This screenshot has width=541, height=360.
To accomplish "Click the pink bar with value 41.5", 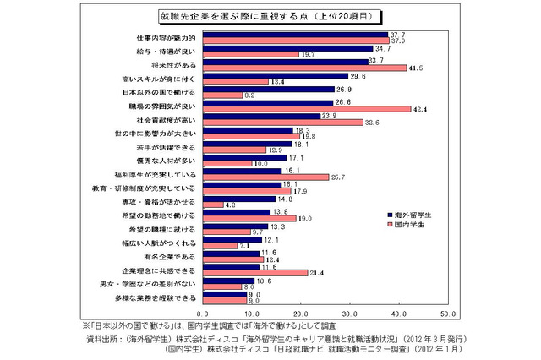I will tap(303, 68).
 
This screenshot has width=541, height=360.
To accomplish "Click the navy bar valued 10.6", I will tap(227, 281).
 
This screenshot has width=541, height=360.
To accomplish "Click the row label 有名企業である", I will tap(172, 255).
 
